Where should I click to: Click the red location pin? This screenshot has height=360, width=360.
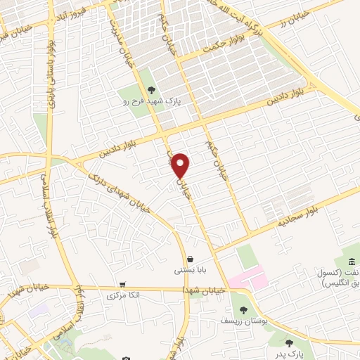181,165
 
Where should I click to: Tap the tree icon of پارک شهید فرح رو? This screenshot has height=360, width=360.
151,89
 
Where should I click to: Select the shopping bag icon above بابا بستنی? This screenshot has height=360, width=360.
191,259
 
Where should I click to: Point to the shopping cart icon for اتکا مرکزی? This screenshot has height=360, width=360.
123,285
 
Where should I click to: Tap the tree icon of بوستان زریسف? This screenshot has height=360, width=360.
243,310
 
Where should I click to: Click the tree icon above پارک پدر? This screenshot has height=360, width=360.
289,343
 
